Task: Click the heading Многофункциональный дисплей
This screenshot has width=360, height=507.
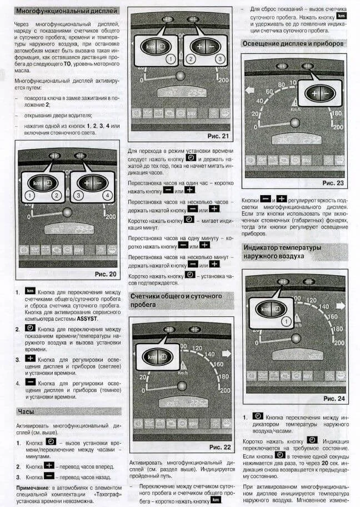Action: [67, 11]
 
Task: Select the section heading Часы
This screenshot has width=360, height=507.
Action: [26, 411]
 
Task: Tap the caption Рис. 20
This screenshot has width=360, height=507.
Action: [106, 274]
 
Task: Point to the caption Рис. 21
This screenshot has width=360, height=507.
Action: [218, 136]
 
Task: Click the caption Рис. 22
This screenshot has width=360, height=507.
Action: [219, 447]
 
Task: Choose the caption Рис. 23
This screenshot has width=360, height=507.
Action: [333, 183]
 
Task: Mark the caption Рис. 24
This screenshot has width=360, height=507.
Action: [334, 399]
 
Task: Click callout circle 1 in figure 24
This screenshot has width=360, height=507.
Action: [286, 321]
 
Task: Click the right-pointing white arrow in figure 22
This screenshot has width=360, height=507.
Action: [226, 353]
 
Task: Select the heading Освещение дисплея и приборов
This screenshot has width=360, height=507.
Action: [293, 43]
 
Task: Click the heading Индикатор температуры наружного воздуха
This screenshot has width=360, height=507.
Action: [282, 251]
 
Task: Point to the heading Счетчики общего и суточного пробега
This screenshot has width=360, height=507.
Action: [176, 300]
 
